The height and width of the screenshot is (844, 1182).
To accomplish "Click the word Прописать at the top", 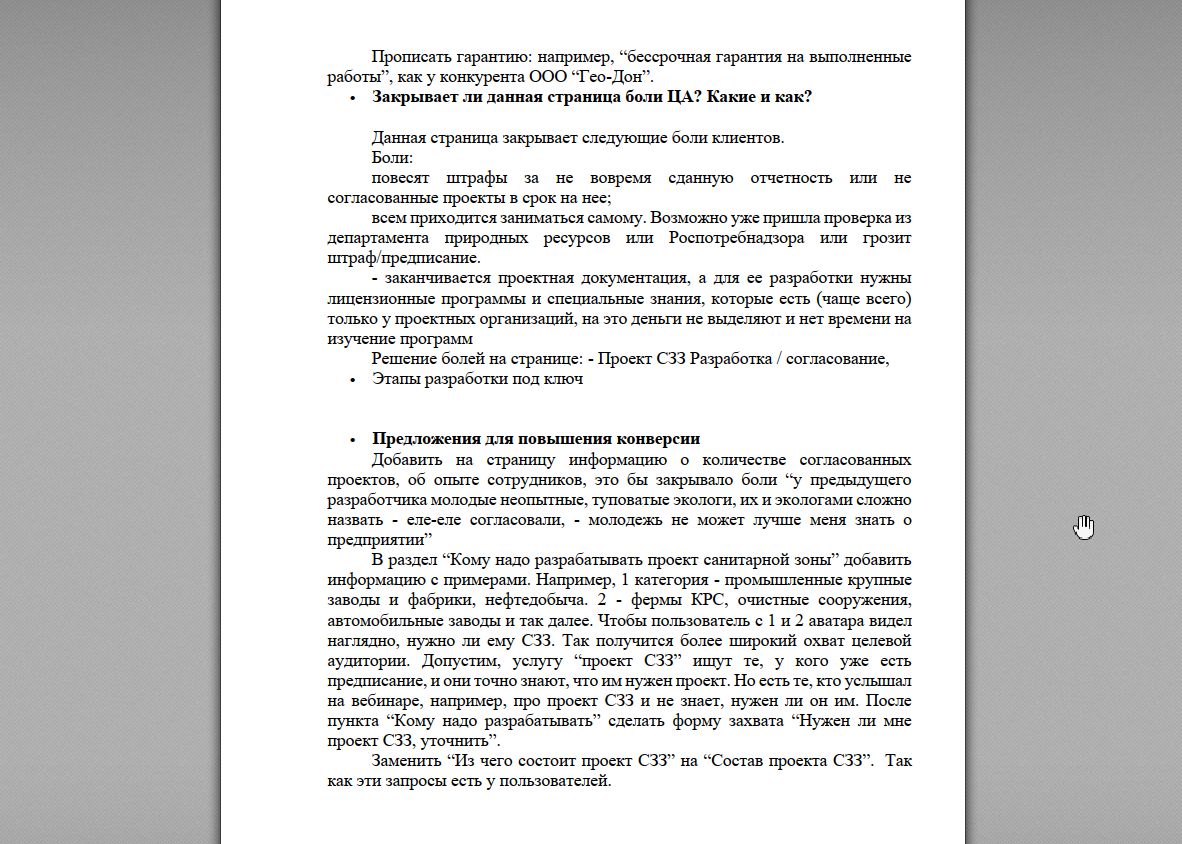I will [x=407, y=57].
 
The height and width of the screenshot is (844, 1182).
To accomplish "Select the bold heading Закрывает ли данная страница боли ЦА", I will [x=591, y=97].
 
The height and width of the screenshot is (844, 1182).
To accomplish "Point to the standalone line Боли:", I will [x=392, y=158].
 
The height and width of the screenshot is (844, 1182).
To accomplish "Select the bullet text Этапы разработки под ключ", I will [x=477, y=379].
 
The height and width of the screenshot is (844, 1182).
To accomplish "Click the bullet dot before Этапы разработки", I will [x=352, y=380].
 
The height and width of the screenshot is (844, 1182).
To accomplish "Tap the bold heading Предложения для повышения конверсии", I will [x=535, y=439].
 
